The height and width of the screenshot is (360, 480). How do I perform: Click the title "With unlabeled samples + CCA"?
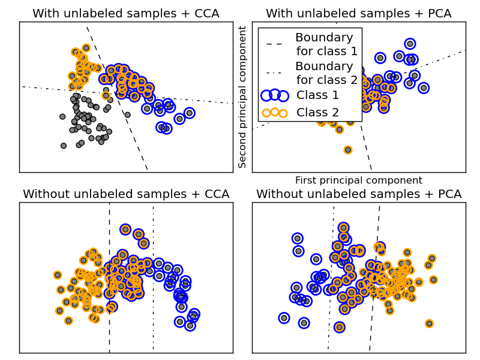click(125, 13)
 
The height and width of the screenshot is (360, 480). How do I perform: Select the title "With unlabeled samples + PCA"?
click(358, 13)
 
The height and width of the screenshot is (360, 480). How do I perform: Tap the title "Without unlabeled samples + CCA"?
click(126, 194)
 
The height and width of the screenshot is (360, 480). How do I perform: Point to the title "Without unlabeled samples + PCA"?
click(359, 194)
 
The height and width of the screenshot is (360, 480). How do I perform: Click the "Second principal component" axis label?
click(242, 97)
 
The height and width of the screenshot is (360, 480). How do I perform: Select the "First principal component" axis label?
click(358, 180)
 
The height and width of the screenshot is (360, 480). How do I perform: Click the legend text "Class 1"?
click(317, 95)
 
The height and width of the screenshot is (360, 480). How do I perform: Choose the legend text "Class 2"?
click(317, 112)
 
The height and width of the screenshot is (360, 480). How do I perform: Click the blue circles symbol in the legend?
click(275, 95)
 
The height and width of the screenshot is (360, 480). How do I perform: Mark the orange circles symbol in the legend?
click(275, 112)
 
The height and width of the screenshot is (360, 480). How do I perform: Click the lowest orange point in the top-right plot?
click(348, 149)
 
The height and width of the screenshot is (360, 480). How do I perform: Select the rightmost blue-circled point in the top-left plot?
click(190, 113)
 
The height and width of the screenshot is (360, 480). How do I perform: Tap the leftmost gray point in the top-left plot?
click(62, 117)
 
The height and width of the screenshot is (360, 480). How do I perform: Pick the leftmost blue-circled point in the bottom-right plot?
click(284, 317)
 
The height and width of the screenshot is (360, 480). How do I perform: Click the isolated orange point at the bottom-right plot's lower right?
click(429, 323)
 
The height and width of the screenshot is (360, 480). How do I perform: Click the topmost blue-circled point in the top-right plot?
click(410, 43)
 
